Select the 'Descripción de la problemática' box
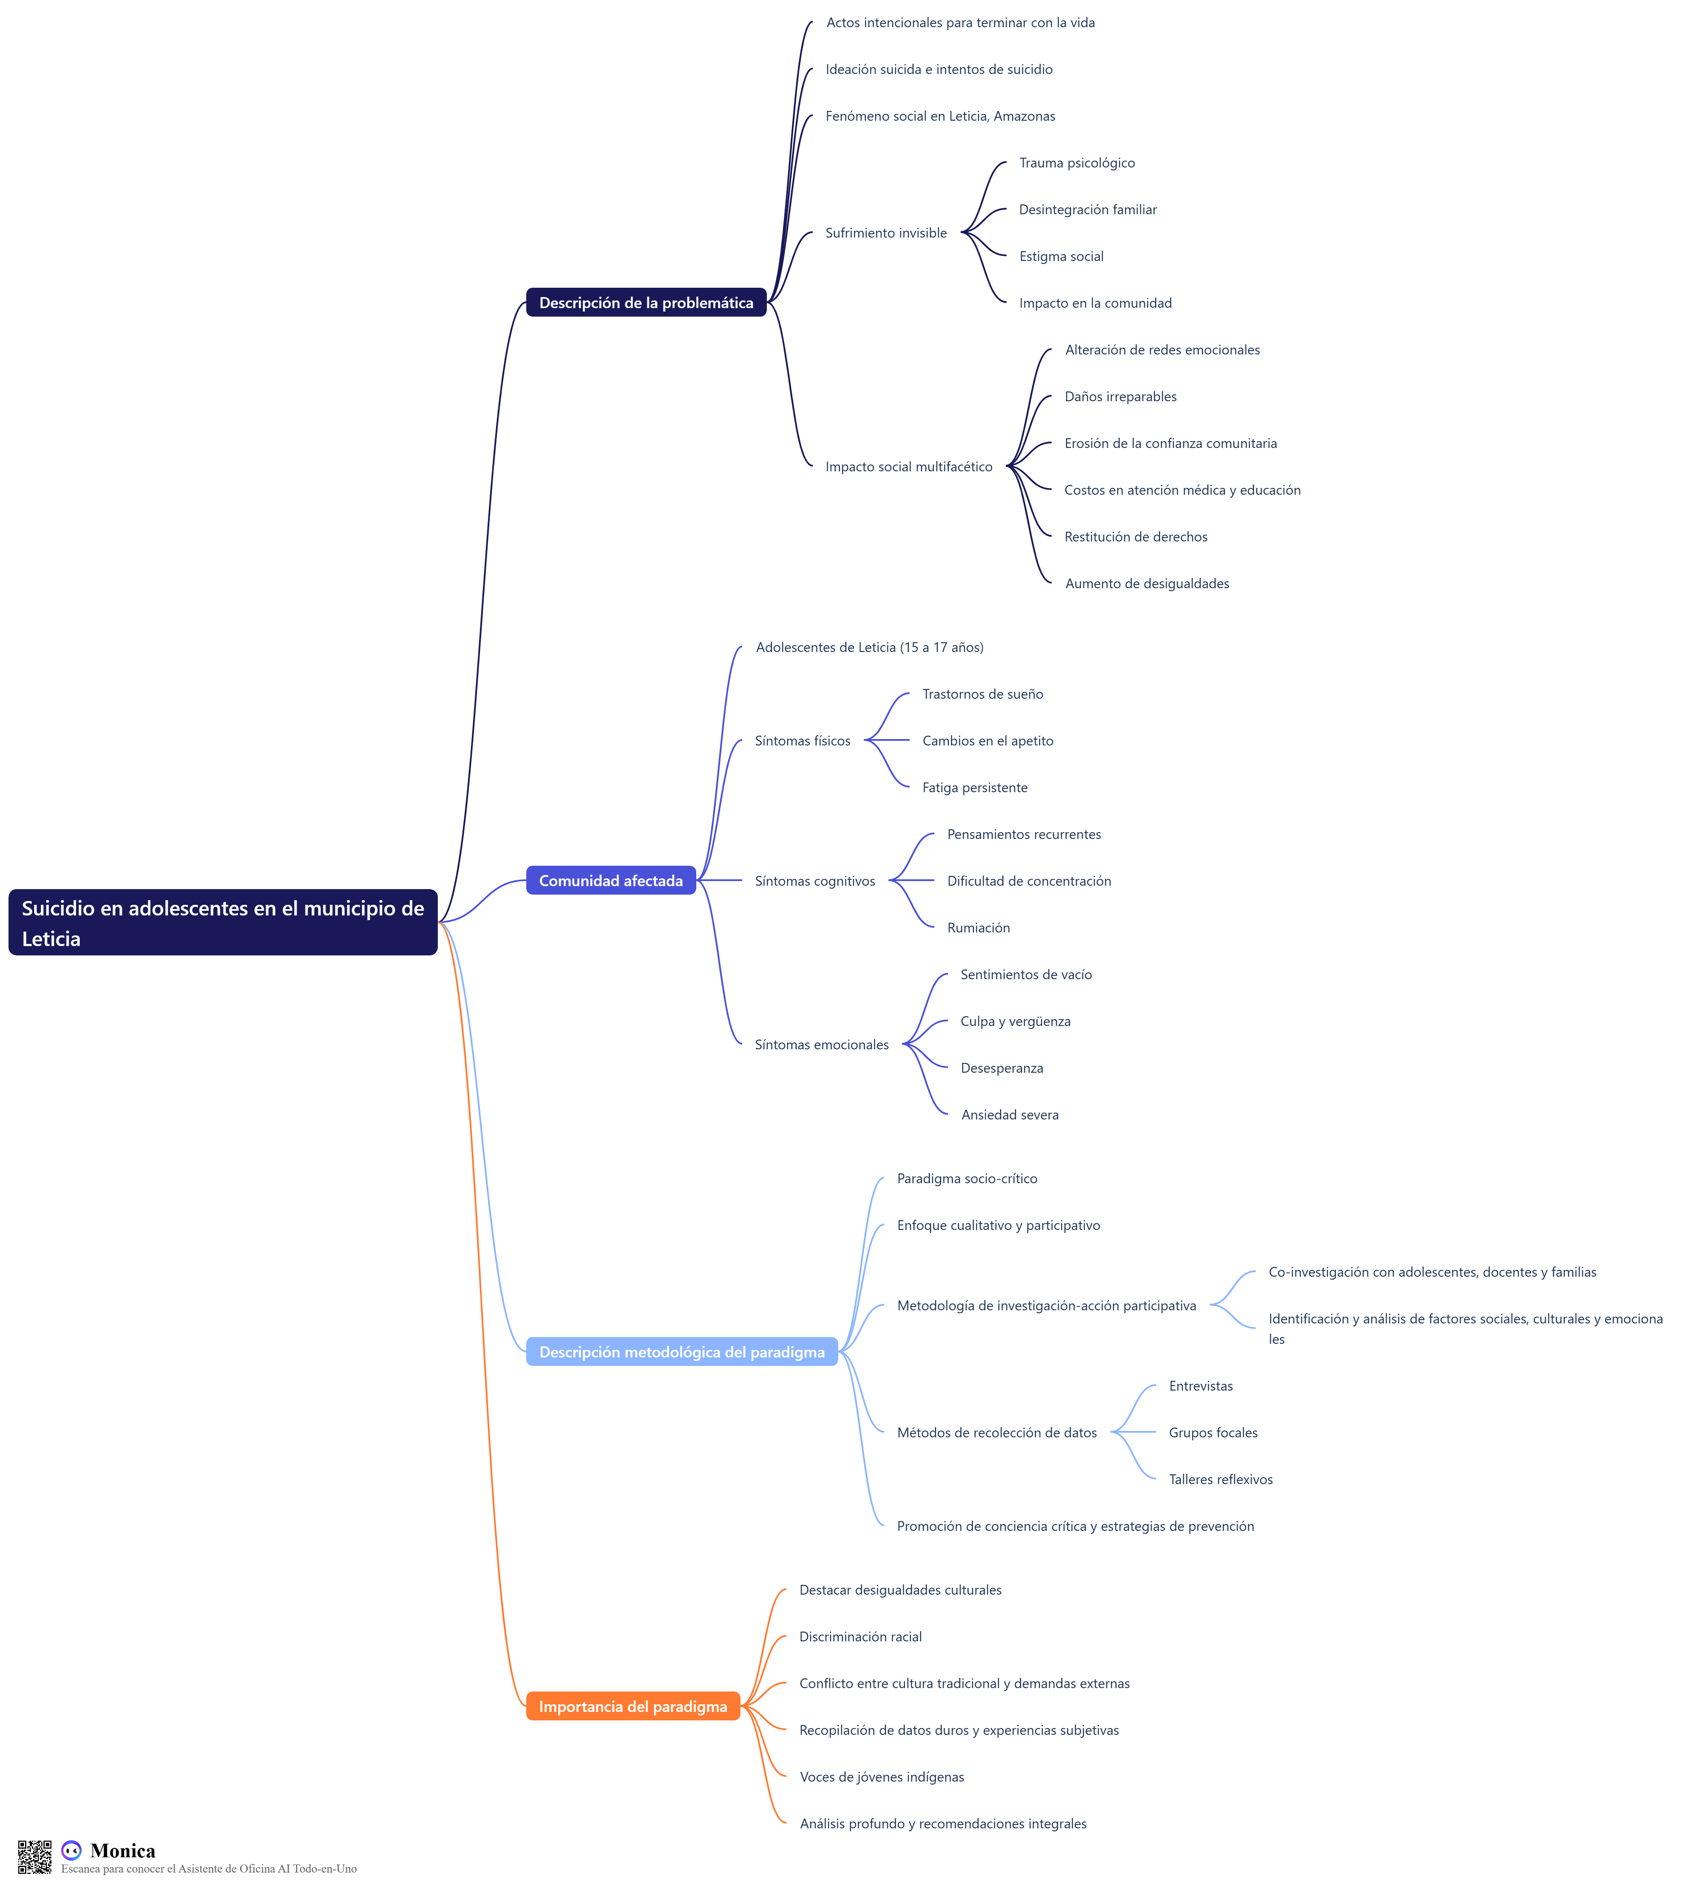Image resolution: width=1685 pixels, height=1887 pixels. pos(646,303)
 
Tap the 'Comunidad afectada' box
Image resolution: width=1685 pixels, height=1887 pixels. pos(611,880)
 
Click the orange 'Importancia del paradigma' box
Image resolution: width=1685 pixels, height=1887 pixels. pos(633,1706)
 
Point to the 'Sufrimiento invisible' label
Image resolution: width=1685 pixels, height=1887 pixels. pos(886,233)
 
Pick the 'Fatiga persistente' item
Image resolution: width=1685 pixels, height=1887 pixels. pos(975,788)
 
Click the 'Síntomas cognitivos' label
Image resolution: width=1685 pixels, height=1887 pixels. pos(815,881)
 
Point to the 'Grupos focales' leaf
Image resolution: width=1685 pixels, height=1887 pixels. pos(1213,1433)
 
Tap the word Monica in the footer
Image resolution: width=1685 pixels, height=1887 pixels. pos(123,1851)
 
